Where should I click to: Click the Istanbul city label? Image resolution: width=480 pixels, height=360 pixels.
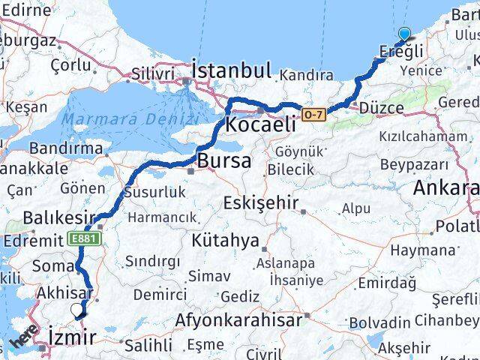[x=231, y=71]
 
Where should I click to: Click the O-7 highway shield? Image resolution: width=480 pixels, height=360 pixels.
[x=313, y=114]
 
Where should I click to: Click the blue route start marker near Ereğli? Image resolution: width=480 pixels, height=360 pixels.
[x=405, y=34]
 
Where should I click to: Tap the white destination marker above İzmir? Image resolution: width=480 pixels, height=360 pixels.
[x=76, y=308]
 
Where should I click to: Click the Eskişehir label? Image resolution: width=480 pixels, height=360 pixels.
[x=261, y=203]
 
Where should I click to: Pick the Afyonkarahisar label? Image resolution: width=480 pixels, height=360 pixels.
[x=238, y=320]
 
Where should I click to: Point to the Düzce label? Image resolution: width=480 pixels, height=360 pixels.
[x=381, y=108]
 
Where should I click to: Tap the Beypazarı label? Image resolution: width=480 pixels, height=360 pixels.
[x=415, y=163]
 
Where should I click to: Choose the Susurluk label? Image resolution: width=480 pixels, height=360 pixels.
[x=155, y=193]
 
